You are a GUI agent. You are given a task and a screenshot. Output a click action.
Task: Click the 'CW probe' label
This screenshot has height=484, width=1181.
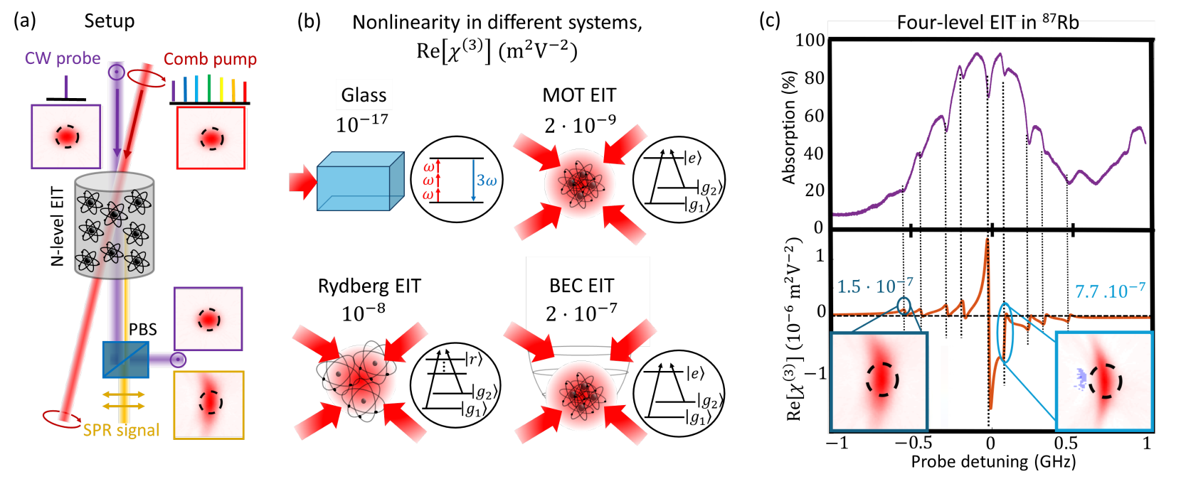coord(63,58)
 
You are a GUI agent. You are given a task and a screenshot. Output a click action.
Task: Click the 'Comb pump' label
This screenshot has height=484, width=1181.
coord(210,59)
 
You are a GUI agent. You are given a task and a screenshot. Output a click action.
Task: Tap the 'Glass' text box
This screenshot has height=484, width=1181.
coord(364,95)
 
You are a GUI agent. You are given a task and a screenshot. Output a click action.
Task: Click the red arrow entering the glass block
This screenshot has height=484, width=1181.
coord(302,182)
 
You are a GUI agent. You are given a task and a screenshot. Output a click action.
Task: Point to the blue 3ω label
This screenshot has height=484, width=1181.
coord(487,181)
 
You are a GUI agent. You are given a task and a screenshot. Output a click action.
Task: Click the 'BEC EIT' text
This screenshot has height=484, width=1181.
coord(581,286)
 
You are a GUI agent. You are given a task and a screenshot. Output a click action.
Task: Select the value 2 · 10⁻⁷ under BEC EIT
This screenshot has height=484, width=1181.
coord(581,313)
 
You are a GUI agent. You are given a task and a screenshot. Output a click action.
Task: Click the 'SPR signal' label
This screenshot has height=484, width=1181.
coord(121,430)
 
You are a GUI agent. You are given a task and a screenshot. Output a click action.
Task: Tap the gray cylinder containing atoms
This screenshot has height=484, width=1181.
coord(114,225)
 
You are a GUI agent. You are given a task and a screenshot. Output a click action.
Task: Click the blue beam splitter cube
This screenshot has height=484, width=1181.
coord(125,360)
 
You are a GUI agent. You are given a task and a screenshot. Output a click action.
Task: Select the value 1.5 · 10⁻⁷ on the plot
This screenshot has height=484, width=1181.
coord(874,286)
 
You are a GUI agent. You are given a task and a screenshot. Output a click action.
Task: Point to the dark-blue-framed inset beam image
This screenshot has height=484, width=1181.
coord(879,382)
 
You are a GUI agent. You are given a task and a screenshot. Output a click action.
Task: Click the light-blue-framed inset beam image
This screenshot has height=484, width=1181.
coord(1103,382)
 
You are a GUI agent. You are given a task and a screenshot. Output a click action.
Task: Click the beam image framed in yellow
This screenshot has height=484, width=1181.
coord(209,404)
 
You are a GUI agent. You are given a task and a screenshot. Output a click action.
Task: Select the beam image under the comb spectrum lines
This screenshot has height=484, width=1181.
coord(211,138)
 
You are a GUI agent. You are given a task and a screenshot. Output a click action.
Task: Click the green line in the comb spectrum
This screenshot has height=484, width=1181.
coord(208,87)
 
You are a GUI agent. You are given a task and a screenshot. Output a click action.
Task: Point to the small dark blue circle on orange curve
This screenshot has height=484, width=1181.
coord(904,306)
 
